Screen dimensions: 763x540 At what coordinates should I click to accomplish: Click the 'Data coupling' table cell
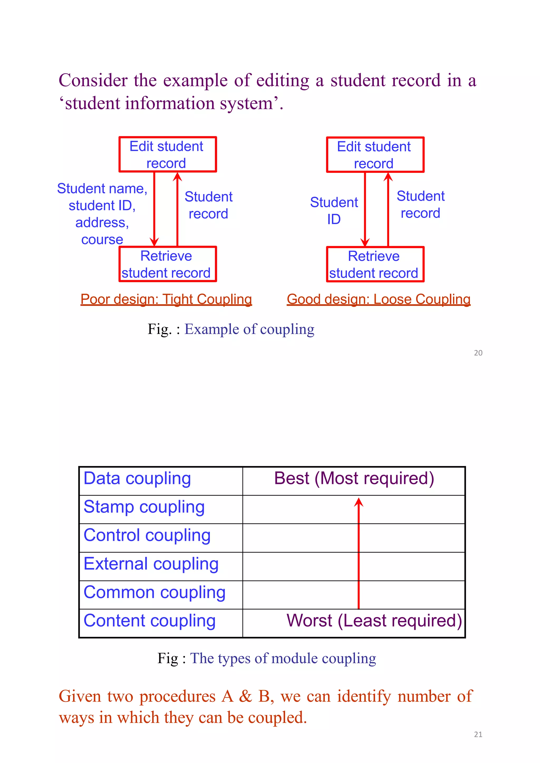(137, 479)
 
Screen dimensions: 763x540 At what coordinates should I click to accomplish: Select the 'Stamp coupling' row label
(144, 507)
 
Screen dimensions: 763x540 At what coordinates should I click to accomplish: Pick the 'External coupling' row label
(151, 564)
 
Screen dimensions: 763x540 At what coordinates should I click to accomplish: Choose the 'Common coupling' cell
(154, 593)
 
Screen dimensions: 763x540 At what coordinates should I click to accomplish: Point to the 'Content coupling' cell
(150, 621)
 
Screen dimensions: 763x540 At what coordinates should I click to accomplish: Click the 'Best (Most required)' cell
(354, 479)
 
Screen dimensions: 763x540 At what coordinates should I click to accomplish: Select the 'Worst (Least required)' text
(374, 621)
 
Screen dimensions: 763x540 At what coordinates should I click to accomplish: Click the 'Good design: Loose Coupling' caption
(378, 299)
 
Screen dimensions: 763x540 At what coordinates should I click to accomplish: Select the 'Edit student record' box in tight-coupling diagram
(168, 155)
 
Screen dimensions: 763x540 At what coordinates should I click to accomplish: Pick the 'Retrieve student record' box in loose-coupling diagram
(375, 265)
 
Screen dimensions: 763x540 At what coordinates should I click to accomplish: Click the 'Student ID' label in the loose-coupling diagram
(334, 211)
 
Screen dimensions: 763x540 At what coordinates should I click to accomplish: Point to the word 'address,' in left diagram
(102, 223)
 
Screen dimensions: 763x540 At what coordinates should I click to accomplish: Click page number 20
(478, 353)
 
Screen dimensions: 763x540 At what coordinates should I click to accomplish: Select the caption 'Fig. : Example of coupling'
(231, 329)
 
